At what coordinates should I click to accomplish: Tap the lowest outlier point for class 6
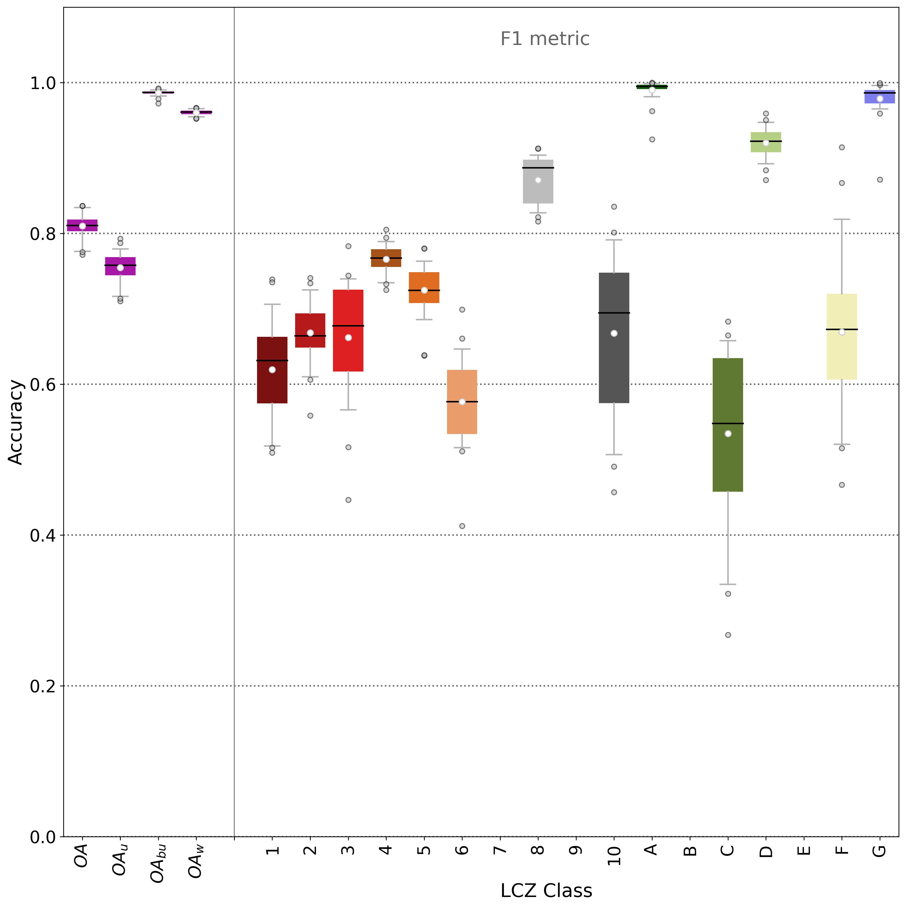tap(462, 526)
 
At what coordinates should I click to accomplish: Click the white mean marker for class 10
tap(614, 333)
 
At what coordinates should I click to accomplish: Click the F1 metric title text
tap(545, 39)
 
